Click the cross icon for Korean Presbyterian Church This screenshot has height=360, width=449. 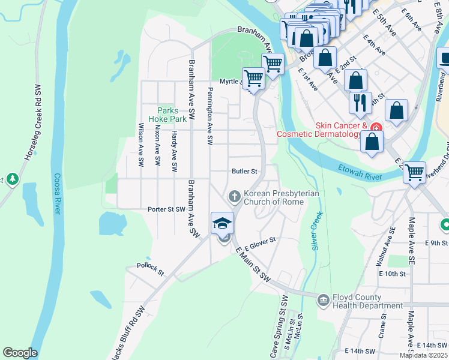[234, 196]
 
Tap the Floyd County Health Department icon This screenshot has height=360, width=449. [324, 298]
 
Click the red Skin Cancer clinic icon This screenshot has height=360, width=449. [376, 127]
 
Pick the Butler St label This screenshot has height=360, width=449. [244, 171]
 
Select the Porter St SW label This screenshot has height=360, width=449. [166, 209]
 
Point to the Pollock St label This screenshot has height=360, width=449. [150, 268]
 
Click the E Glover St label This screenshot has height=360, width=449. [259, 240]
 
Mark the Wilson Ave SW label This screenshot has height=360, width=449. [141, 145]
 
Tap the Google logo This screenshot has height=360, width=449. [20, 352]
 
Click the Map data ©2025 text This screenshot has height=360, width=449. [423, 355]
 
